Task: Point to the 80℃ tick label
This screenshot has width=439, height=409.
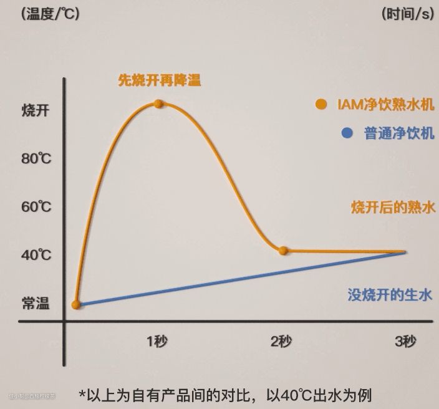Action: pyautogui.click(x=36, y=158)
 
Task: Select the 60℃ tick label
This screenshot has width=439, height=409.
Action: pyautogui.click(x=36, y=206)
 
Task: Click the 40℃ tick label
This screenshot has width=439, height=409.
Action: pyautogui.click(x=36, y=255)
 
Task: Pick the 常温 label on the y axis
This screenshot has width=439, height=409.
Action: pyautogui.click(x=35, y=304)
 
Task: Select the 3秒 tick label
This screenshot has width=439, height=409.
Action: pyautogui.click(x=405, y=341)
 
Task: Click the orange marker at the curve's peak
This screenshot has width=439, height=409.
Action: pyautogui.click(x=158, y=103)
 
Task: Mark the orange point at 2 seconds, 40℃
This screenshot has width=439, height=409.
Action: pyautogui.click(x=283, y=251)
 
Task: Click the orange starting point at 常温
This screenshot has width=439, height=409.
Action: pyautogui.click(x=76, y=305)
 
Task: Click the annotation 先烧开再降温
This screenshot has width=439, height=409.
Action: pyautogui.click(x=160, y=80)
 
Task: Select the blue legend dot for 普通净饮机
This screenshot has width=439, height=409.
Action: pyautogui.click(x=348, y=133)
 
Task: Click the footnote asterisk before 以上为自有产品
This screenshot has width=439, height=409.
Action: pyautogui.click(x=83, y=395)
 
